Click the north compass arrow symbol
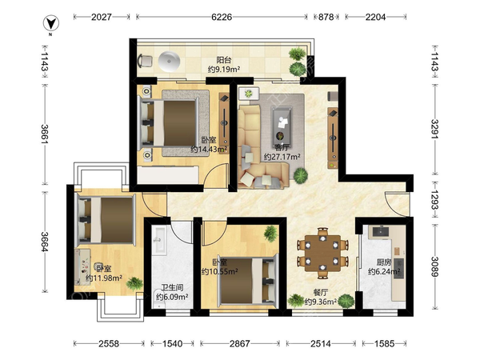(51, 24)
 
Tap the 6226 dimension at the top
(222, 17)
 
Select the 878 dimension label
(326, 17)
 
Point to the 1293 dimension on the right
(434, 200)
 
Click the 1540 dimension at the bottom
(172, 344)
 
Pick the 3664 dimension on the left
(45, 242)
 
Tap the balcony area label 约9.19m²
(224, 70)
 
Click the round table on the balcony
(170, 62)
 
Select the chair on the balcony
(145, 61)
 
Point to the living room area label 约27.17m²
(282, 157)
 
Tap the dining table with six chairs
(322, 254)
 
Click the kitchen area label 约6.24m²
(384, 271)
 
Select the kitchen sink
(381, 232)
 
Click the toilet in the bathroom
(159, 301)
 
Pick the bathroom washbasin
(159, 241)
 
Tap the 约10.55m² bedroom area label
(220, 271)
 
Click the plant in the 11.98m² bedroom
(134, 284)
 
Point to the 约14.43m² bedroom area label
(209, 150)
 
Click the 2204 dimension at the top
(375, 17)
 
